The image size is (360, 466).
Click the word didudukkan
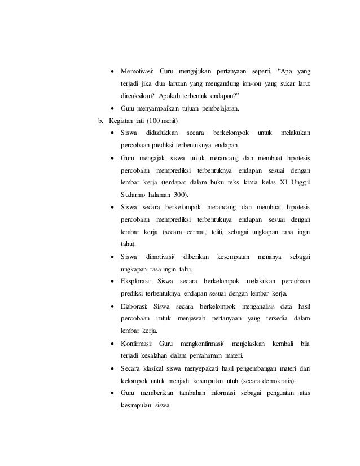coord(161,133)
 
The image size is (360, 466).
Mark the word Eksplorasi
coord(137,282)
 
